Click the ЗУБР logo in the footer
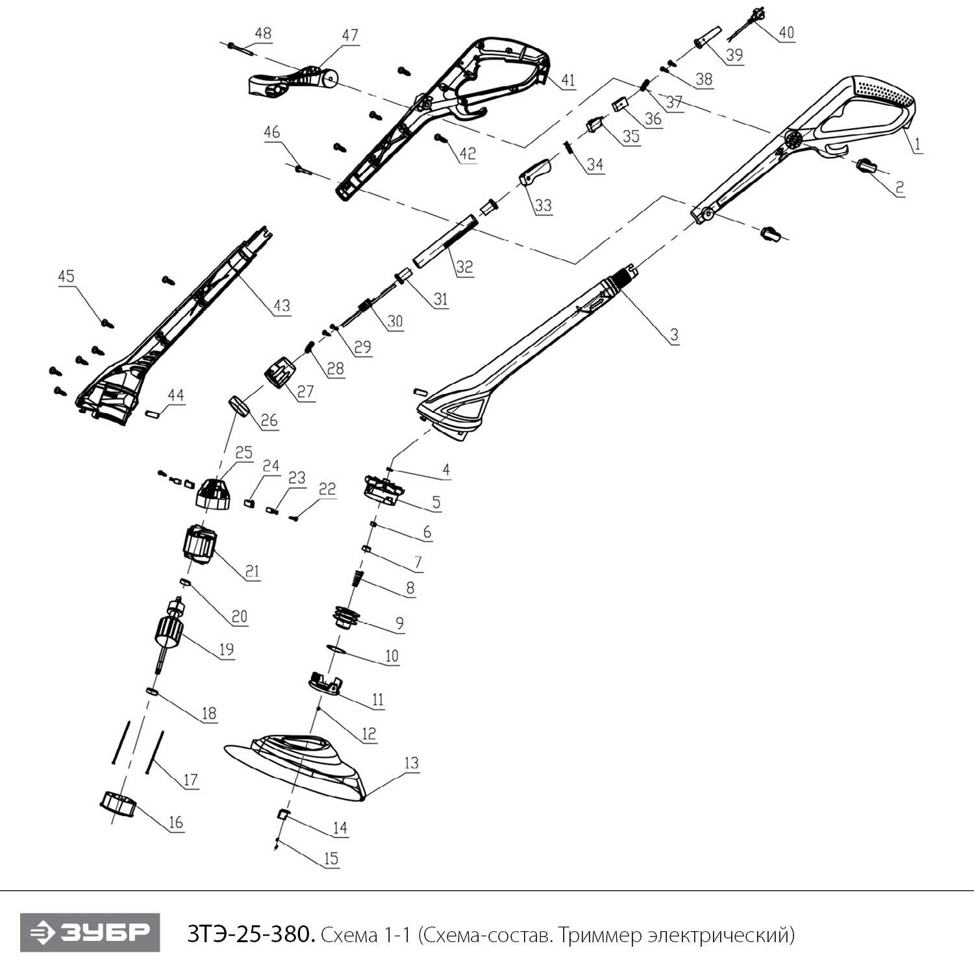coord(90,932)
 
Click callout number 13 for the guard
coord(412,763)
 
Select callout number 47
coord(350,35)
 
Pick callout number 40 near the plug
coord(786,32)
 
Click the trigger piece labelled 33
coord(535,173)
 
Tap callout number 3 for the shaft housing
coord(674,334)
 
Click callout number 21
coord(252,571)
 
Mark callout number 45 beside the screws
coord(66,276)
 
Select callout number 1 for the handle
coord(917,145)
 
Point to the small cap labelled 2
coord(867,166)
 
